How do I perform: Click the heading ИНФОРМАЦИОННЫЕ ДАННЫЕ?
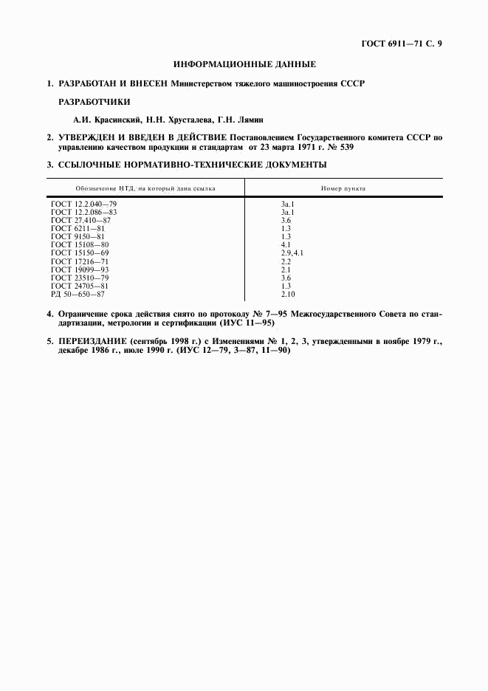(x=244, y=64)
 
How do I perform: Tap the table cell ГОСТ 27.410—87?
(x=81, y=221)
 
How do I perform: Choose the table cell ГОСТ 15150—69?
(x=80, y=252)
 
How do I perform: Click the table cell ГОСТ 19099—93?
(x=80, y=269)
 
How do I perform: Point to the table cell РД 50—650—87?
(x=78, y=294)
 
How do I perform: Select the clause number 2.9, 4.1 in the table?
(x=292, y=252)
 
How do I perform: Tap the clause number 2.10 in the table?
(x=287, y=294)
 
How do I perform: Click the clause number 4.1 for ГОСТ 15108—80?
(x=286, y=244)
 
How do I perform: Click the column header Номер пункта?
(x=343, y=188)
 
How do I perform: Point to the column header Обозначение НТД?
(x=134, y=188)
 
